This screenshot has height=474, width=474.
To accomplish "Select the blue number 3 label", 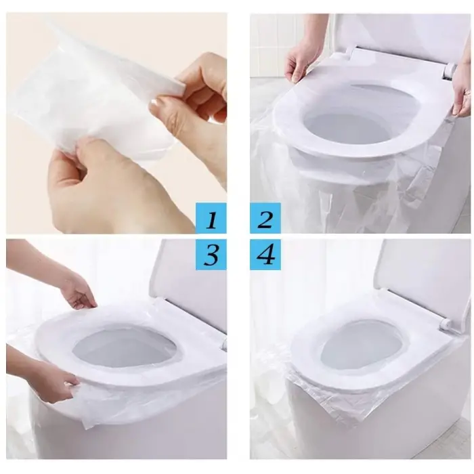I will pyautogui.click(x=211, y=255).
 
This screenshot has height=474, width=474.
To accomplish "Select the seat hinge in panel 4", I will pyautogui.click(x=445, y=324).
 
